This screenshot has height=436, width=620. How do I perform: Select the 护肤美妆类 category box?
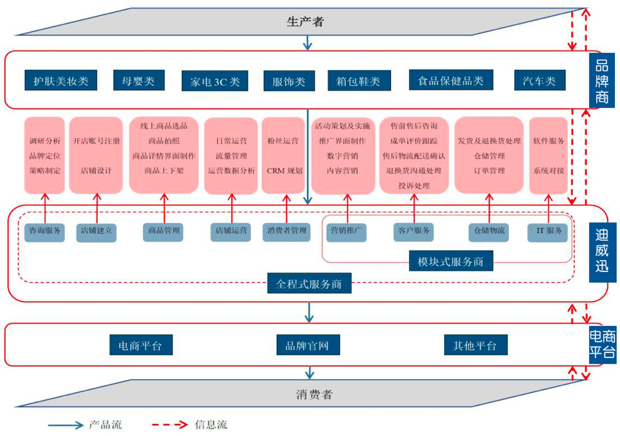[61, 80]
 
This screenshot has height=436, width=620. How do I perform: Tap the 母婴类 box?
[139, 80]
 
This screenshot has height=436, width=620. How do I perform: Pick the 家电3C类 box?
[215, 81]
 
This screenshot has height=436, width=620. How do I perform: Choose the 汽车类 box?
[539, 80]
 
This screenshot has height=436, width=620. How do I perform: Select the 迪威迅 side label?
[601, 254]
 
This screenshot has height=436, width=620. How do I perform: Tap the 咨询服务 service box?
[46, 231]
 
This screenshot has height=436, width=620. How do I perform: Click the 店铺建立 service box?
[97, 231]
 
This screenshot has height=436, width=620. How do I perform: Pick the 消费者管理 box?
[286, 231]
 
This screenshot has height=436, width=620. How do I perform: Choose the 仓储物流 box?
[488, 231]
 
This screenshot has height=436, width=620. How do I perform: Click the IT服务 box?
[549, 231]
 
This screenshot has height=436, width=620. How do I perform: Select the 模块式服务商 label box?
[451, 261]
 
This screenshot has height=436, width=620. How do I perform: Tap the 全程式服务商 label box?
[309, 283]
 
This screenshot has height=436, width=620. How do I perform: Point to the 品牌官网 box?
[307, 345]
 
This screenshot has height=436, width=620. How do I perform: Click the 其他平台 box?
[475, 345]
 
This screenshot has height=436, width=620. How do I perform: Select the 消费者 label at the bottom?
[314, 395]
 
